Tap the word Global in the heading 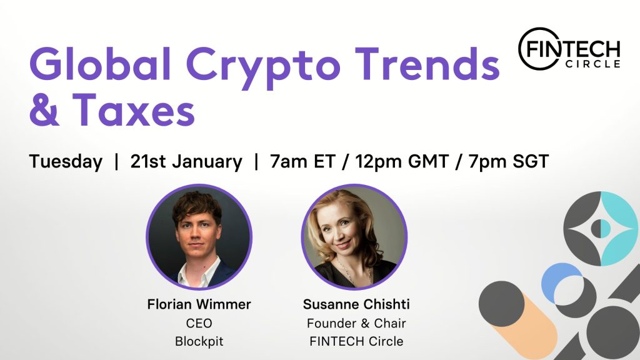pos(101,62)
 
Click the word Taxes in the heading pos(134,109)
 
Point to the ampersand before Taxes pos(44,109)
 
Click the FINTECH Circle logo pos(569,49)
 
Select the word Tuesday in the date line pos(66,162)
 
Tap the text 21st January pos(186,162)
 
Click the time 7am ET pos(302,161)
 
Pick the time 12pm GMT pos(402,162)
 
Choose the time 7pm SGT pos(509,162)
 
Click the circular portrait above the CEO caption pos(199,237)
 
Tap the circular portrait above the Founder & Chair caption pos(354,237)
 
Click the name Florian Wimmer pos(199,304)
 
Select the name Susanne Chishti pos(356,304)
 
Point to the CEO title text pos(199,323)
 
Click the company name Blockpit pos(199,341)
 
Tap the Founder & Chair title pos(356,323)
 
